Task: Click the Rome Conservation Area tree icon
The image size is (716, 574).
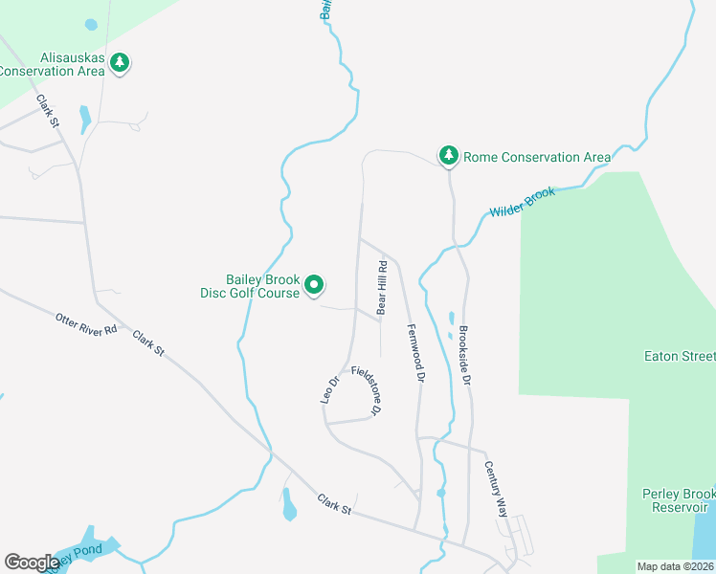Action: [448, 155]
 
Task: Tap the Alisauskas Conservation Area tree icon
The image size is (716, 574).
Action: [120, 63]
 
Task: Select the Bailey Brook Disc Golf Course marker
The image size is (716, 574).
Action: [314, 285]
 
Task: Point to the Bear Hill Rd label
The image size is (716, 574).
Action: [381, 288]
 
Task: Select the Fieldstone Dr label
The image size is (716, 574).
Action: [368, 390]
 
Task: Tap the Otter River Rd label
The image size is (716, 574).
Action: [86, 323]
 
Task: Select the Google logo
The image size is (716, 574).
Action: [32, 563]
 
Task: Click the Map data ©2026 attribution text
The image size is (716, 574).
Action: [676, 566]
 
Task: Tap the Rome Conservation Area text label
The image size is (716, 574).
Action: [537, 157]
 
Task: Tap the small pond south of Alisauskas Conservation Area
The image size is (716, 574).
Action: [84, 119]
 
